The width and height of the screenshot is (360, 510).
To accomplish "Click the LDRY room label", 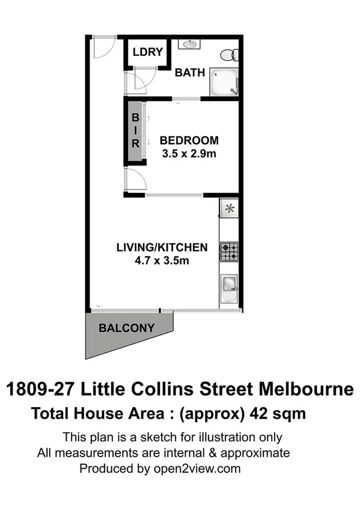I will tap(148, 52).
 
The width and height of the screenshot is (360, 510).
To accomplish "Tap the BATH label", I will tap(190, 73).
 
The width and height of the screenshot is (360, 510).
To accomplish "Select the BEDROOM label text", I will tap(189, 141).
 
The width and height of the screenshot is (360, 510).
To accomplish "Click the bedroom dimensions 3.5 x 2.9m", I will tap(189, 153).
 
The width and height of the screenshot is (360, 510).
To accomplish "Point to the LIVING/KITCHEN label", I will tap(162, 247).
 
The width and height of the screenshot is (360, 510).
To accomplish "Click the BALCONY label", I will tap(126, 328).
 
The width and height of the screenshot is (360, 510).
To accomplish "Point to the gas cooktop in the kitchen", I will tap(229, 251).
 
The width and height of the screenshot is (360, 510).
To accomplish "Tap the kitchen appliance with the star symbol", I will tap(229, 209).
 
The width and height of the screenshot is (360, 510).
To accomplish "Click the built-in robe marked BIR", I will tap(136, 131).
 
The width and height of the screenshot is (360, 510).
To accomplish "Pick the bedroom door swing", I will tap(134, 179).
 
